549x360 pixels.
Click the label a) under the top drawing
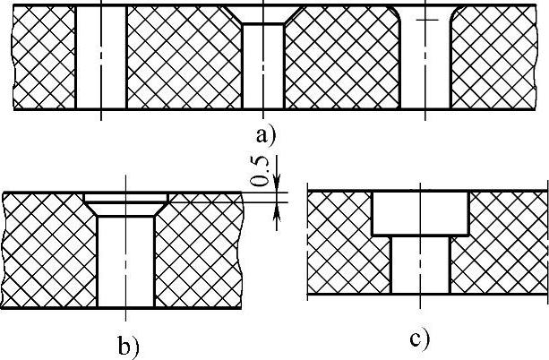(266, 135)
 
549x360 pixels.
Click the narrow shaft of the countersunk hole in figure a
(262, 67)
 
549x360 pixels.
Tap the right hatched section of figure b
(199, 251)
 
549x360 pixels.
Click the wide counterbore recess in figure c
(420, 213)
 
